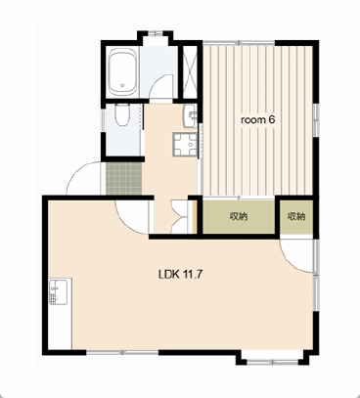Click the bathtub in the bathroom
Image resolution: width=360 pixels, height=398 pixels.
[122, 72]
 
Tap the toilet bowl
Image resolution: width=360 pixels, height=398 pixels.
[122, 114]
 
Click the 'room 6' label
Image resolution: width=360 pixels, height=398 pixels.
[258, 120]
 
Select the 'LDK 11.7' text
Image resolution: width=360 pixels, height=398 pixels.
[180, 275]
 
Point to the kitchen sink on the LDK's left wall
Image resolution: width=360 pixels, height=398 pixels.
[58, 291]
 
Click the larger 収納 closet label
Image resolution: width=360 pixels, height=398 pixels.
[239, 216]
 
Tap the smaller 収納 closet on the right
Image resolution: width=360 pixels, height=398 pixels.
[296, 217]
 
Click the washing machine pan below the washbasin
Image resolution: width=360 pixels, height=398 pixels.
[185, 145]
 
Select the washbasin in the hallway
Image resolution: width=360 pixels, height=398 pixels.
[191, 116]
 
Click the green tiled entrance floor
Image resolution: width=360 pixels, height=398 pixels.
[124, 179]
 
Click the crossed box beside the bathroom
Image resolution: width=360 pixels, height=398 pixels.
[190, 72]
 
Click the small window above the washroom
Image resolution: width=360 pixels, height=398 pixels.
[156, 33]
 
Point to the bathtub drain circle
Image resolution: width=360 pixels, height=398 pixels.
[122, 86]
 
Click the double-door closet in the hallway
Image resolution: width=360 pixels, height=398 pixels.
[179, 216]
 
